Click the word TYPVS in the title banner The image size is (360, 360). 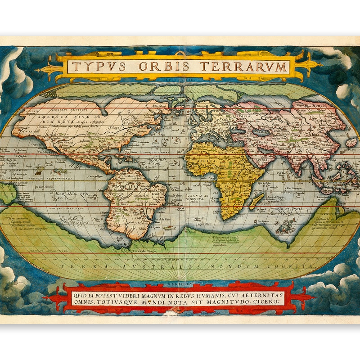click(94, 67)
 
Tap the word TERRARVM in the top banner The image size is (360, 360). click(243, 67)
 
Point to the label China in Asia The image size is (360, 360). click(315, 134)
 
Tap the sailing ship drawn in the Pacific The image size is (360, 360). click(40, 170)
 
